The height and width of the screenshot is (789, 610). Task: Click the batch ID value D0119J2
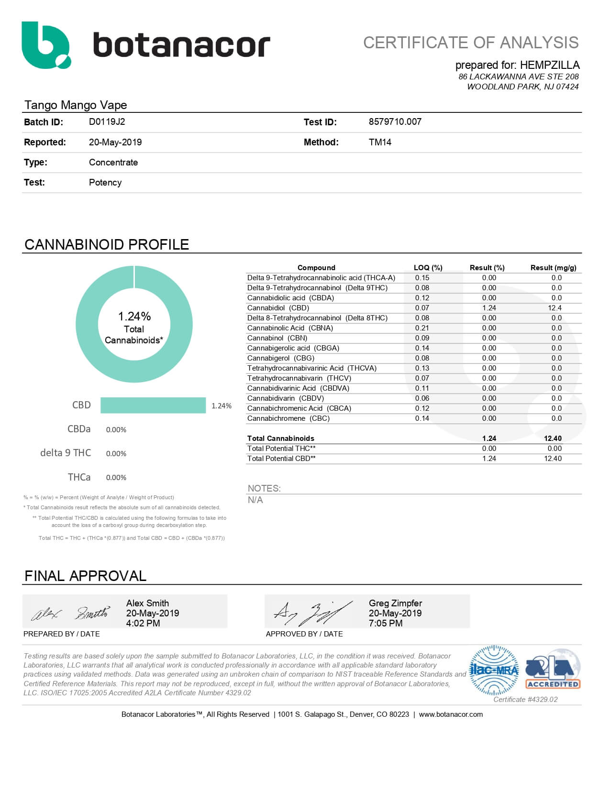(107, 122)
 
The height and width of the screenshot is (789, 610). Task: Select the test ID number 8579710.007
(395, 122)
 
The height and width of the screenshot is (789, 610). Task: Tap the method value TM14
(380, 142)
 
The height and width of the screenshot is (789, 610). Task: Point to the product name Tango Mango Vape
(76, 105)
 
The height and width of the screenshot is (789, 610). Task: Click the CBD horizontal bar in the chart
(153, 405)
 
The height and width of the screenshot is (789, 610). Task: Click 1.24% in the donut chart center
(134, 317)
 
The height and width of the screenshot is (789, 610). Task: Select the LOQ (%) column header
(428, 268)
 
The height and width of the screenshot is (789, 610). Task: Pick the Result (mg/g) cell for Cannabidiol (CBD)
(555, 308)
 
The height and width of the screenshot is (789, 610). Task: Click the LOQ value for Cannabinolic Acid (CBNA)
(422, 328)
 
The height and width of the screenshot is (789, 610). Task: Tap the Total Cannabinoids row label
(281, 438)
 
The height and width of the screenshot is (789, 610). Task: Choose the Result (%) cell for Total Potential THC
(489, 449)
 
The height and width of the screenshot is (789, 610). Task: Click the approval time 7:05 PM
(386, 624)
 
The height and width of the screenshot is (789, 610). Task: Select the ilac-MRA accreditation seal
(494, 670)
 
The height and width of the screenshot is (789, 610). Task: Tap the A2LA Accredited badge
(553, 669)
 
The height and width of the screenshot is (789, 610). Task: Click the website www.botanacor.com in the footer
(451, 714)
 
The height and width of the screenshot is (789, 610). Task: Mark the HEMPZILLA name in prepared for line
(549, 65)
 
